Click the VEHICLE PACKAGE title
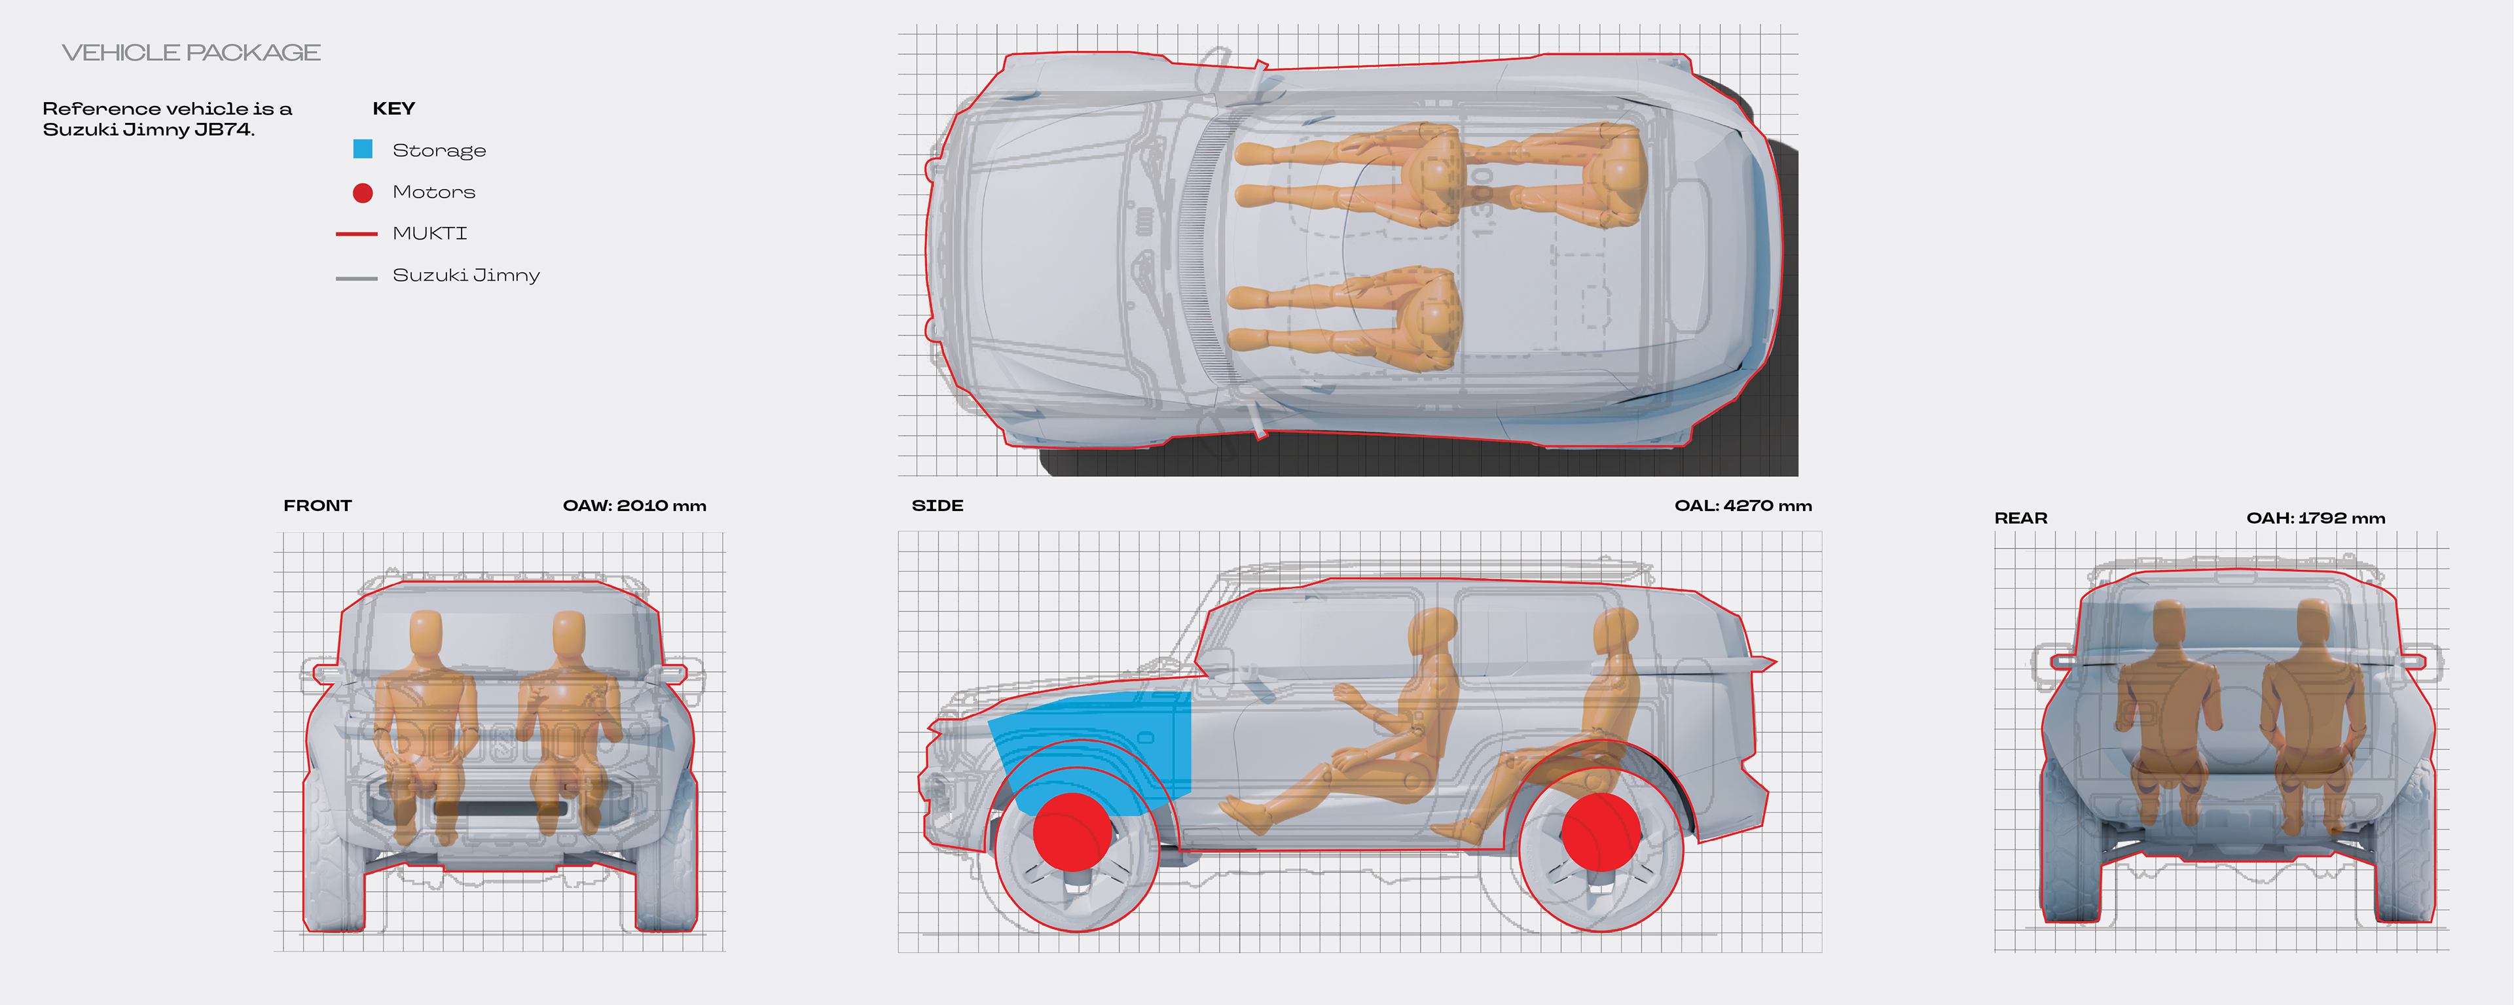tap(191, 53)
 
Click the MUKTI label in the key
tap(429, 233)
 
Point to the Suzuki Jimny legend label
tap(465, 275)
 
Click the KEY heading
tap(393, 109)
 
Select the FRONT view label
tap(317, 505)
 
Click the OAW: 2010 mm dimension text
tap(634, 505)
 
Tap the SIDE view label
tap(937, 505)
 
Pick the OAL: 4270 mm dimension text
tap(1743, 505)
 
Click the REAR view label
tap(2020, 518)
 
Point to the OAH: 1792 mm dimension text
tap(2315, 518)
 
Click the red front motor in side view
tap(1072, 832)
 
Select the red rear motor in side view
tap(1601, 832)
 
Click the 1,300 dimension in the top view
tap(1482, 200)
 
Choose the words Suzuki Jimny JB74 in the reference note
tap(147, 130)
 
